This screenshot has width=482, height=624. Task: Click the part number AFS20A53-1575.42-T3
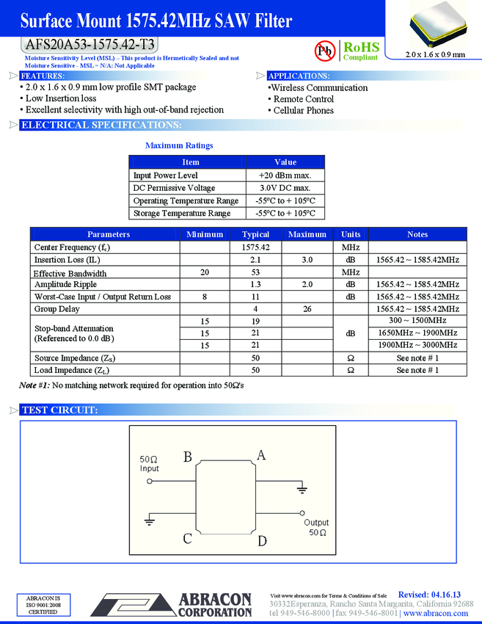[x=90, y=43]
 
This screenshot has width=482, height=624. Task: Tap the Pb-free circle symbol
[x=324, y=50]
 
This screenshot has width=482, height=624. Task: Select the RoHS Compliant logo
[x=360, y=50]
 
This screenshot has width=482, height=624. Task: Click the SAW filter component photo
[x=436, y=26]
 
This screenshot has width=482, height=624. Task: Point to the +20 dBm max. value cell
[x=285, y=175]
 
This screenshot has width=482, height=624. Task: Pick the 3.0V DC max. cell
[x=285, y=188]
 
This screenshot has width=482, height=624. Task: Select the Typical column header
[x=256, y=234]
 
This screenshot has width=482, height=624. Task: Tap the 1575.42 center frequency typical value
[x=256, y=247]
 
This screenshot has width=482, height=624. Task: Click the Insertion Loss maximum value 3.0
[x=307, y=260]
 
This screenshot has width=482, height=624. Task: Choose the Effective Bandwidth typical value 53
[x=256, y=272]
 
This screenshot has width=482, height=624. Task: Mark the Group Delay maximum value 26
[x=307, y=309]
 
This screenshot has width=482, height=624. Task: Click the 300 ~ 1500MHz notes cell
[x=417, y=321]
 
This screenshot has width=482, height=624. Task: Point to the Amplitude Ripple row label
[x=65, y=284]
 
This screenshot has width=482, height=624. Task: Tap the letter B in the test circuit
[x=188, y=457]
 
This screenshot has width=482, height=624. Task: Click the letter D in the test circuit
[x=262, y=541]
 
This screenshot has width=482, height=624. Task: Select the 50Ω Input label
[x=150, y=464]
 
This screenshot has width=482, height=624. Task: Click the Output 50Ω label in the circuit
[x=317, y=527]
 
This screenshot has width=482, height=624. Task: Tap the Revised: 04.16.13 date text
[x=429, y=594]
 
